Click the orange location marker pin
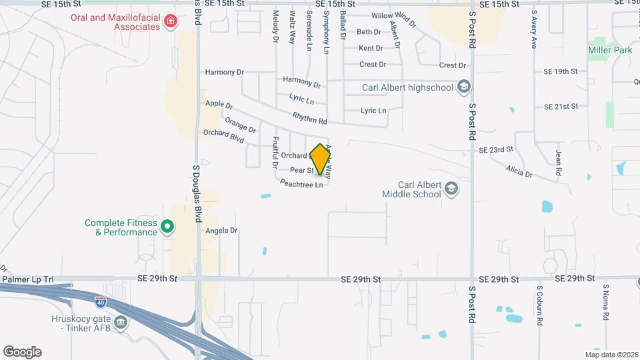321,159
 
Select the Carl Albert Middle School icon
452,189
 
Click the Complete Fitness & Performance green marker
168,227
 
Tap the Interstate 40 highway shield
100,301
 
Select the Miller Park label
609,50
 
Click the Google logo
22,351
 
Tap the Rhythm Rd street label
310,118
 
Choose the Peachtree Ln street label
301,183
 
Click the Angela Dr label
222,231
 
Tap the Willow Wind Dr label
393,19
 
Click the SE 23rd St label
496,150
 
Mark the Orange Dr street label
240,124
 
